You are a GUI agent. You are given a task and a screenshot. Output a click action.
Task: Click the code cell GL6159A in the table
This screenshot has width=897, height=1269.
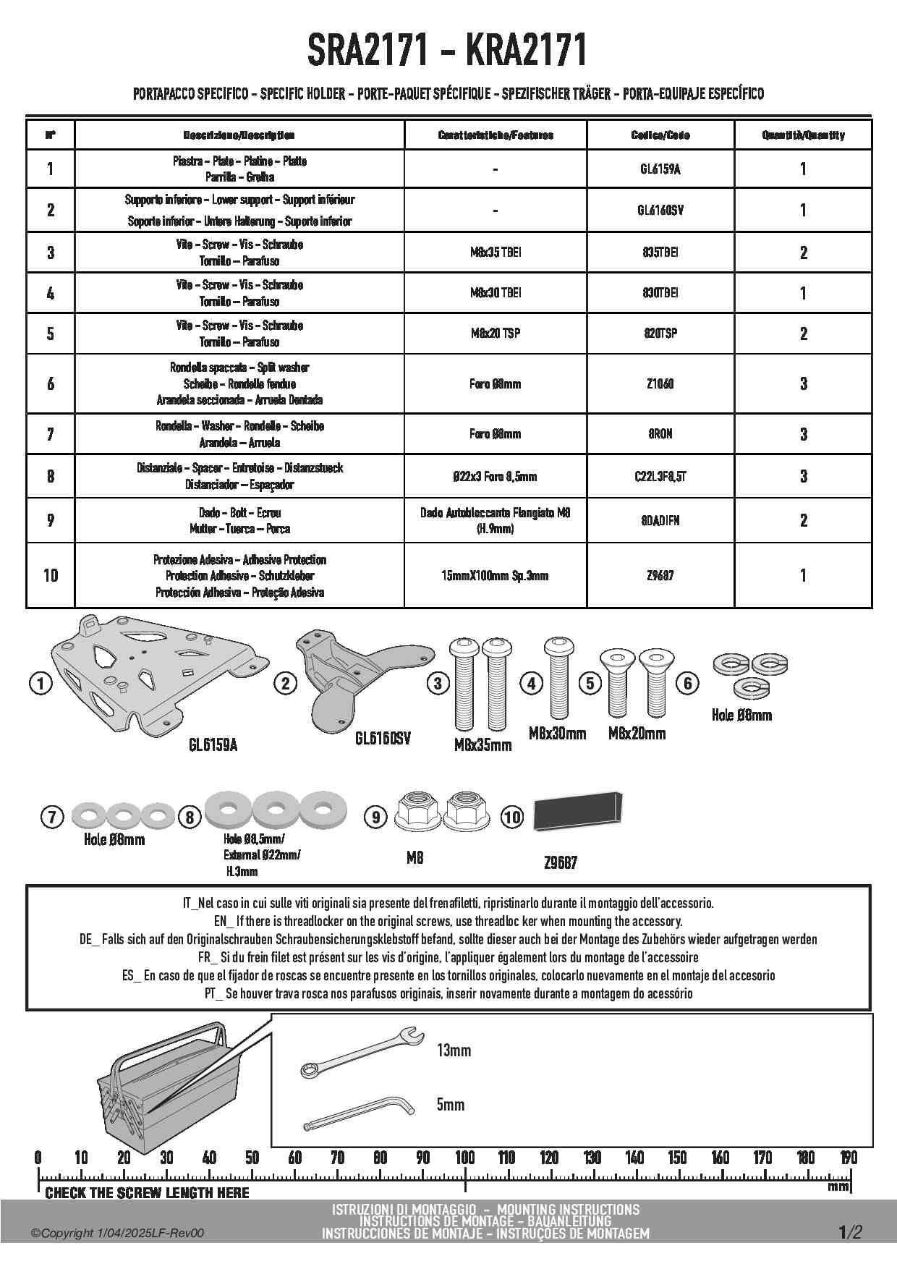660,169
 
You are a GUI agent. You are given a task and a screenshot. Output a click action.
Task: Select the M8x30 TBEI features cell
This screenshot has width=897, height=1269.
495,293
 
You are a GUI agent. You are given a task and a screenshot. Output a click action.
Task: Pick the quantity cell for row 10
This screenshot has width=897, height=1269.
803,576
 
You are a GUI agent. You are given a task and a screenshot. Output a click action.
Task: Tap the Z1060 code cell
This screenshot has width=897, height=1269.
660,384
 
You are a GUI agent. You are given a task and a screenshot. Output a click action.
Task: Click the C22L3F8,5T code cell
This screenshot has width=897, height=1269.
660,477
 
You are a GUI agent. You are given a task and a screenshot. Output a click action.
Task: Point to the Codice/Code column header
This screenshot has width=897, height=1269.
660,135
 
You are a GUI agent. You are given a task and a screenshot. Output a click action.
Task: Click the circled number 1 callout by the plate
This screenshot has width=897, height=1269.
41,683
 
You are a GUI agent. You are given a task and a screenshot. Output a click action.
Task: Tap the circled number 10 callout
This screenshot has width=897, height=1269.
511,818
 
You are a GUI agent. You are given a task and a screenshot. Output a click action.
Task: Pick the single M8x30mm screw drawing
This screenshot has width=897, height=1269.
558,679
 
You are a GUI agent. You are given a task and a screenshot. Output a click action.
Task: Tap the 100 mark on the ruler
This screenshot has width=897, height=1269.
464,1158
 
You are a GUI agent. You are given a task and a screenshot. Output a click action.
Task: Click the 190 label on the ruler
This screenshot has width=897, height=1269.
848,1158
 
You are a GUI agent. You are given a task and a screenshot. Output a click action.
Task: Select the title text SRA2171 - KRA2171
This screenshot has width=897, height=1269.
447,51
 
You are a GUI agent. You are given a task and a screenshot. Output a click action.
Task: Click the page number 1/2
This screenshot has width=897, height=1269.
850,1232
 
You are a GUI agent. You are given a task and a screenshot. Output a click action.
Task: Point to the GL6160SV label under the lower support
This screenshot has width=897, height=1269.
383,739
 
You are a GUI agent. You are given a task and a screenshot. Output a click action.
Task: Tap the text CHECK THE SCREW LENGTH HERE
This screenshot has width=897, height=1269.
147,1192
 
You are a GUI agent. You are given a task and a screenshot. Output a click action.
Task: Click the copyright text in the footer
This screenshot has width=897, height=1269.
117,1234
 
